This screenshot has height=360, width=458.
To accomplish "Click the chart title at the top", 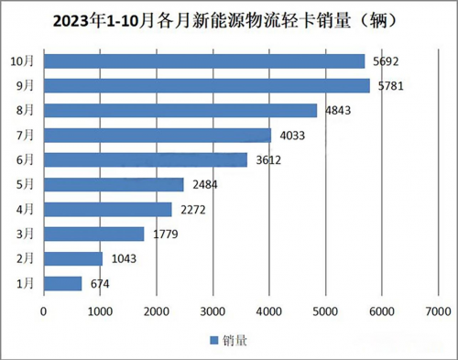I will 229,19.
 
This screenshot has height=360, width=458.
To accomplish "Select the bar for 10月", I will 204,61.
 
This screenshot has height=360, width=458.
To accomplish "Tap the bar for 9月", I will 206,86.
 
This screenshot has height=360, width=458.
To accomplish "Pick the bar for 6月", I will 146,159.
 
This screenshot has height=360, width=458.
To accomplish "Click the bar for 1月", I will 63,283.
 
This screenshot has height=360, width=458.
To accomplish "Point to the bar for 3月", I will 94,234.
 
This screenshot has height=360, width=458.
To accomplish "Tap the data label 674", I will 100,283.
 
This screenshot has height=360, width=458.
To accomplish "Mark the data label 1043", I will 124,258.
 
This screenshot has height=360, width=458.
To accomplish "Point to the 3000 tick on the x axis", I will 213,311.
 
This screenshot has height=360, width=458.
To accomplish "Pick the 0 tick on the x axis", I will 43,311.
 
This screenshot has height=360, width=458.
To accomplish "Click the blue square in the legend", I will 214,341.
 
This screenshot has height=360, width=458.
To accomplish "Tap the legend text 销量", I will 234,341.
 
